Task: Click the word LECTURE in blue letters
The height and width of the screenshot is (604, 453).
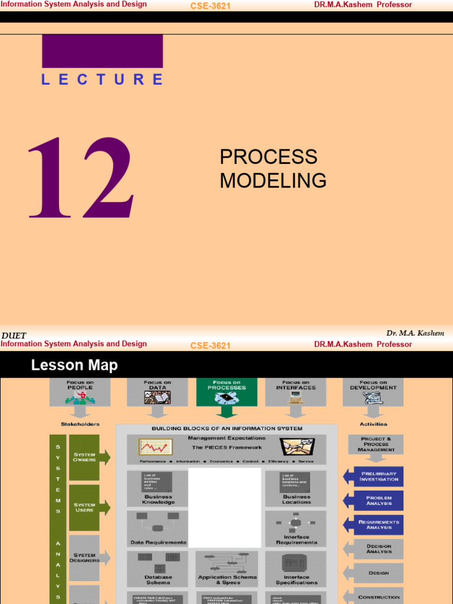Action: pyautogui.click(x=102, y=80)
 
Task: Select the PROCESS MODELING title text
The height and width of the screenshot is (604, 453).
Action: pyautogui.click(x=273, y=169)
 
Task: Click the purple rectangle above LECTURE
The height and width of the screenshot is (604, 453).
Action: pyautogui.click(x=102, y=51)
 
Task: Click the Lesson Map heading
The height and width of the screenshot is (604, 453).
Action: pyautogui.click(x=74, y=366)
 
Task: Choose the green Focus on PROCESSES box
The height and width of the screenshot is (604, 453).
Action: pyautogui.click(x=226, y=392)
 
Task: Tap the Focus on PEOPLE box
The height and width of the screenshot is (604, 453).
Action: pyautogui.click(x=80, y=392)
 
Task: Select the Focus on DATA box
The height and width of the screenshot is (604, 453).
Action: pyautogui.click(x=157, y=392)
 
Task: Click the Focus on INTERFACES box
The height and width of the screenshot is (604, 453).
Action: pyautogui.click(x=296, y=392)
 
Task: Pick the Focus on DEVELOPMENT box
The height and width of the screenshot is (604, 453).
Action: pyautogui.click(x=373, y=392)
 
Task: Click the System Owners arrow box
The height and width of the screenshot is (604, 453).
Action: pyautogui.click(x=88, y=457)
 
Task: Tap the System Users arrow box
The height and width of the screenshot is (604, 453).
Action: pyautogui.click(x=88, y=507)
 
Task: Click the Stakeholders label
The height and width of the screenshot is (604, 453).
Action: pyautogui.click(x=80, y=424)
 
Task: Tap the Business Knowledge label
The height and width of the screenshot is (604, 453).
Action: pyautogui.click(x=158, y=500)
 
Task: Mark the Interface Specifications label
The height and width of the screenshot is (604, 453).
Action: pyautogui.click(x=296, y=580)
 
